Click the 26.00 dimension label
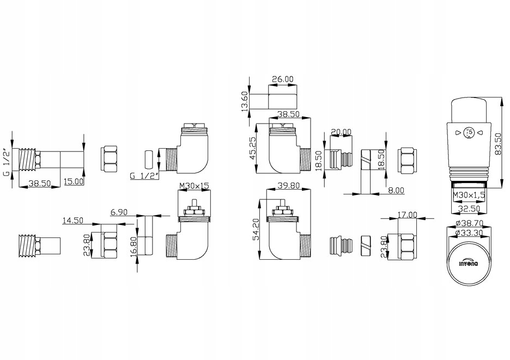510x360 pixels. [x=282, y=79]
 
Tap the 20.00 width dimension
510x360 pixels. [x=341, y=132]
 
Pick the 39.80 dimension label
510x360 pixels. [x=289, y=185]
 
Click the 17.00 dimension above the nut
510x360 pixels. [x=408, y=215]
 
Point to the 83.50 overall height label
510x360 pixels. [x=496, y=144]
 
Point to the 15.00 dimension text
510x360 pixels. [x=74, y=181]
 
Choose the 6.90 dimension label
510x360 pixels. [x=118, y=211]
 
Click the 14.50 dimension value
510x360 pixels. [x=74, y=221]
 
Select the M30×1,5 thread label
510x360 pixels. [x=468, y=194]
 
